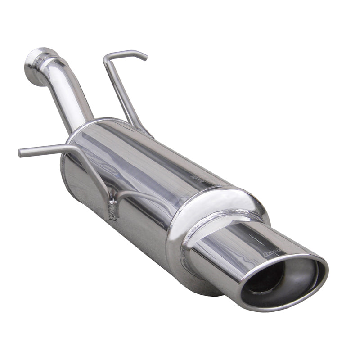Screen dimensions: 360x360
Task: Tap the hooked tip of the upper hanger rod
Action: [x=144, y=57]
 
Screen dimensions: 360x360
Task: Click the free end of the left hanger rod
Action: [x=21, y=153]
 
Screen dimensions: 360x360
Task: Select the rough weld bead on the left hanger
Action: [x=112, y=211]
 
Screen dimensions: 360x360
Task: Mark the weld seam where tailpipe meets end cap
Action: [x=198, y=238]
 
